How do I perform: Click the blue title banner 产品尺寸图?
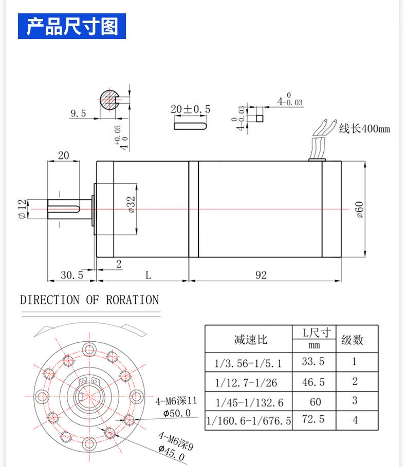(x=72, y=26)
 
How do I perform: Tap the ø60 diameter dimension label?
(x=360, y=210)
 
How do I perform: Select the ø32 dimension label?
(x=131, y=204)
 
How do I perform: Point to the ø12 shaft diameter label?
(x=22, y=209)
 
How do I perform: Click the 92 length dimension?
(x=261, y=275)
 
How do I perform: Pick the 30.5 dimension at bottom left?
(x=72, y=275)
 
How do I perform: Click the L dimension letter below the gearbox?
(x=148, y=275)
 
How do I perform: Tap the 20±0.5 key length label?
(x=190, y=109)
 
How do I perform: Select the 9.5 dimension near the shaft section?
(x=78, y=113)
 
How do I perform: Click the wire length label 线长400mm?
(x=364, y=129)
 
